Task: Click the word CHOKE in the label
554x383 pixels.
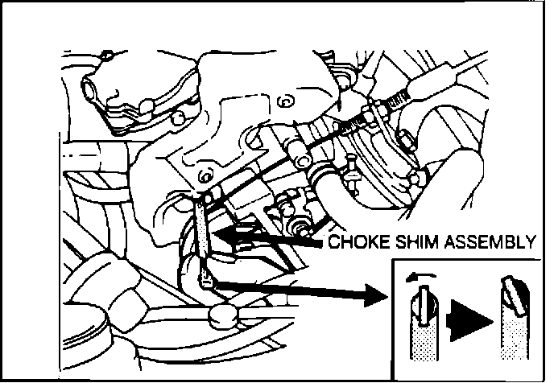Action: (x=358, y=242)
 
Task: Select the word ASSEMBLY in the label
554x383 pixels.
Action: (x=490, y=242)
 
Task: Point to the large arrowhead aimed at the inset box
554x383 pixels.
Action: (x=376, y=295)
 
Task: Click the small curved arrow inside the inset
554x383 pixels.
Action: (x=421, y=277)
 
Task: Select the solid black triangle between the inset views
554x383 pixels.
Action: (x=470, y=321)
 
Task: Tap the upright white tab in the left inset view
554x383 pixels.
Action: (x=424, y=304)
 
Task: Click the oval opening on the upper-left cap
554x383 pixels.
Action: (x=88, y=89)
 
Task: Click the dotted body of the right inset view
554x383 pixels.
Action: (x=514, y=336)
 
